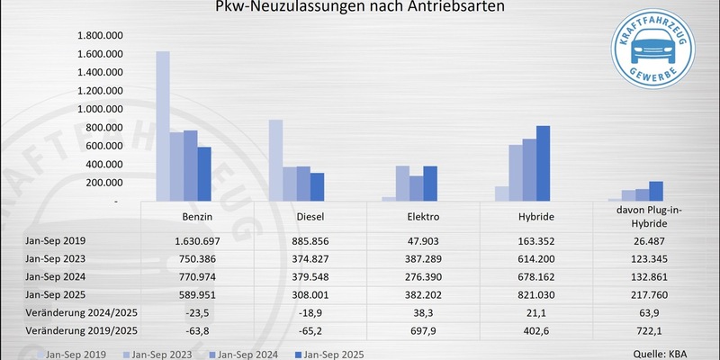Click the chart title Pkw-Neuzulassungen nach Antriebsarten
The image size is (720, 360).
tap(360, 8)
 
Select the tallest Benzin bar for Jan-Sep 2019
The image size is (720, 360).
tap(163, 126)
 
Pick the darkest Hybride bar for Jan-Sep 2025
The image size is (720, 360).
tap(543, 164)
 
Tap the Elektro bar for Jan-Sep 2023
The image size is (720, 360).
tap(402, 184)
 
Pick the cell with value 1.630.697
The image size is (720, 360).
tap(199, 239)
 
